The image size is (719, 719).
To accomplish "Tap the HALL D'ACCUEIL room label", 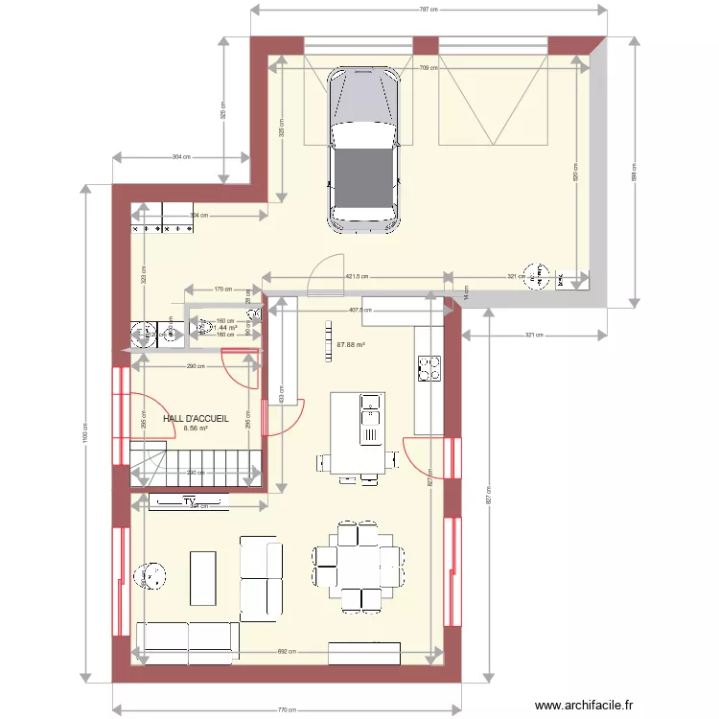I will [x=196, y=419].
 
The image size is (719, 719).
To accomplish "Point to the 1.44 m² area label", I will [x=225, y=327].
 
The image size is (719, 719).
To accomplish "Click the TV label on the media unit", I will [x=189, y=500].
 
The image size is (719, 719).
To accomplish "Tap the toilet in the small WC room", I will [x=203, y=328].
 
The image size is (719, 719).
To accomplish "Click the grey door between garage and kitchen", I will [x=326, y=273].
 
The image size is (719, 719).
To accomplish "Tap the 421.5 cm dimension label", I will [x=357, y=277].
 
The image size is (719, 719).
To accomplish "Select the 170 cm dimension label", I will [x=221, y=289].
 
